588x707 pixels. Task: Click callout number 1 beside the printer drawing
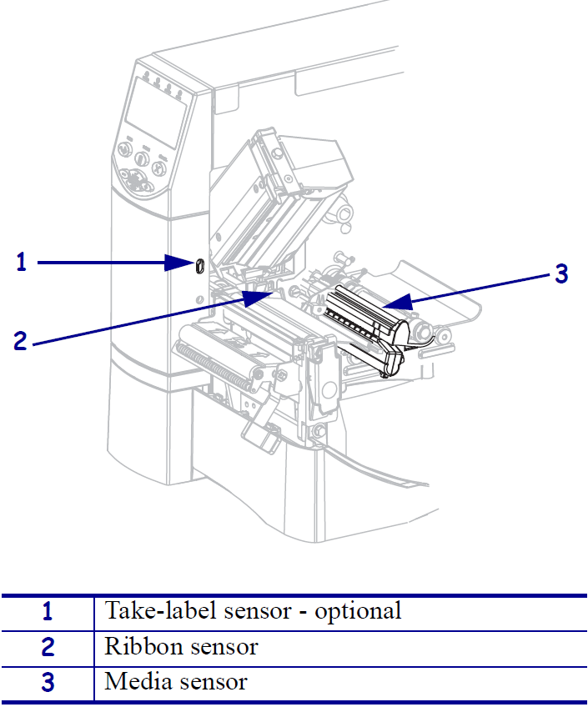(x=22, y=263)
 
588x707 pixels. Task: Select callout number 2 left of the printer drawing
(x=22, y=340)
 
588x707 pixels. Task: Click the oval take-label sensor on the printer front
(x=199, y=264)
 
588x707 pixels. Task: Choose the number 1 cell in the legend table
(x=48, y=612)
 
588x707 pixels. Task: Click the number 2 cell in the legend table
(x=48, y=647)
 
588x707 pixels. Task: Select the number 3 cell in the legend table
(x=48, y=683)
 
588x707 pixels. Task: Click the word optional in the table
(x=359, y=611)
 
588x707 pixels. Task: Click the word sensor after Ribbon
(x=221, y=646)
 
